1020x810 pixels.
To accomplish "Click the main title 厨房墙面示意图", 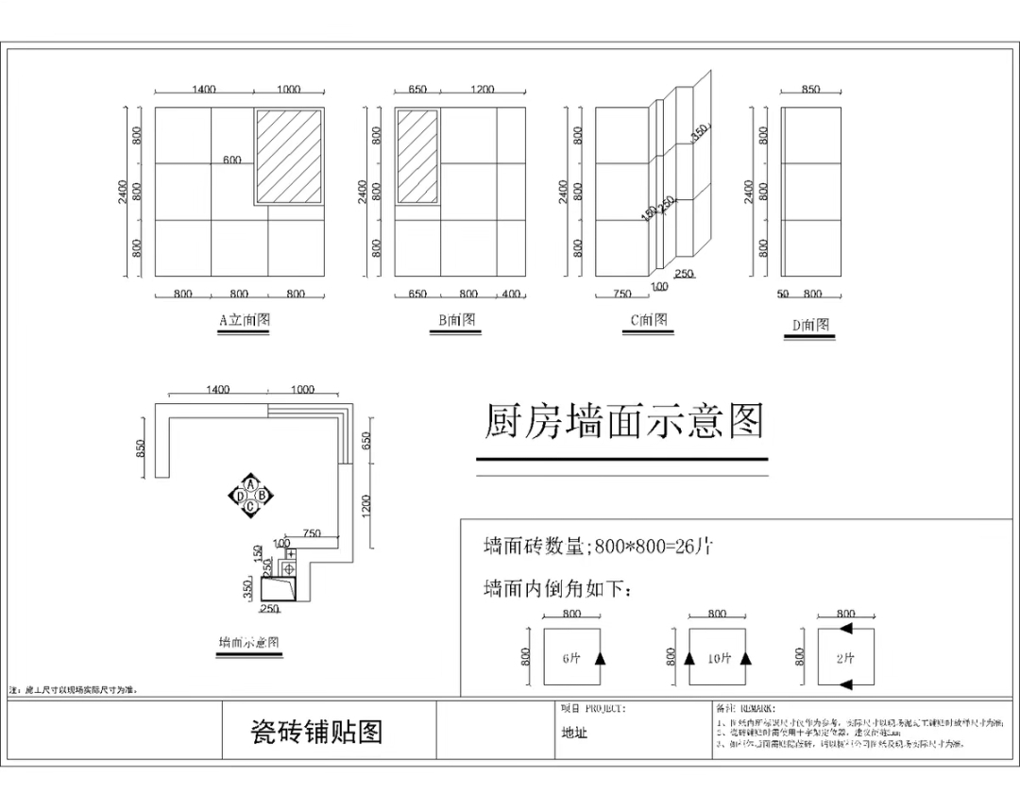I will pyautogui.click(x=623, y=422).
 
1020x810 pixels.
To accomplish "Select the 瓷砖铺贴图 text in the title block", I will pyautogui.click(x=316, y=732).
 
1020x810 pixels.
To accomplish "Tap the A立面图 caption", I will pyautogui.click(x=245, y=320).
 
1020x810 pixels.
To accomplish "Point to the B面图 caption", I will pyautogui.click(x=456, y=320).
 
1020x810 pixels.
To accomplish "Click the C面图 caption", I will pyautogui.click(x=649, y=320).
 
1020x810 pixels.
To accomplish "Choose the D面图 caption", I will pyautogui.click(x=810, y=325).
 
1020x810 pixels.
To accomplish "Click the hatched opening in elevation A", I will pyautogui.click(x=289, y=157).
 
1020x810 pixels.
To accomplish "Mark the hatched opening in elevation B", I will pyautogui.click(x=416, y=157).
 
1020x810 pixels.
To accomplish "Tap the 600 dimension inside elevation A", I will pyautogui.click(x=232, y=160).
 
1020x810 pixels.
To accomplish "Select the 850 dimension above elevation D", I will pyautogui.click(x=810, y=90).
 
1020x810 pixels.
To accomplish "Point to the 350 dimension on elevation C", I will pyautogui.click(x=700, y=132).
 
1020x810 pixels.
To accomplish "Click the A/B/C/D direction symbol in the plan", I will pyautogui.click(x=250, y=495).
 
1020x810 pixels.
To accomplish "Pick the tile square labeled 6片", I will pyautogui.click(x=571, y=658).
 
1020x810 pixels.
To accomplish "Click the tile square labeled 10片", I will pyautogui.click(x=717, y=658).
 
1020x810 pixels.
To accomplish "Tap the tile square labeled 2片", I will pyautogui.click(x=845, y=658).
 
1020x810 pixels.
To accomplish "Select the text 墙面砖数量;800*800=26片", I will pyautogui.click(x=598, y=546).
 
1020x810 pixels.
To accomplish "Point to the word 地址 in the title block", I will pyautogui.click(x=574, y=733).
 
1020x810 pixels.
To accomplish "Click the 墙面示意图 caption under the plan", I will pyautogui.click(x=248, y=642).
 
